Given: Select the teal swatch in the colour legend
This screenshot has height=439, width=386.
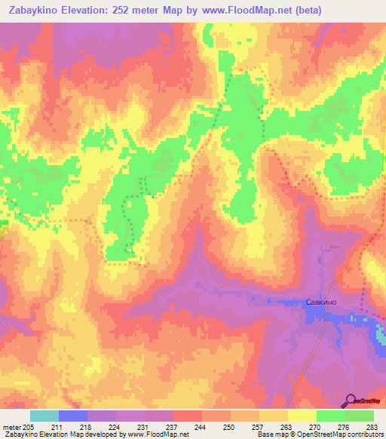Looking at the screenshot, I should [44, 416].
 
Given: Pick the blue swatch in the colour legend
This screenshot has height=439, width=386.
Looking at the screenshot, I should [73, 416].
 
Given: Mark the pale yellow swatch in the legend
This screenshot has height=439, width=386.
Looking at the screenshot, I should [302, 416].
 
